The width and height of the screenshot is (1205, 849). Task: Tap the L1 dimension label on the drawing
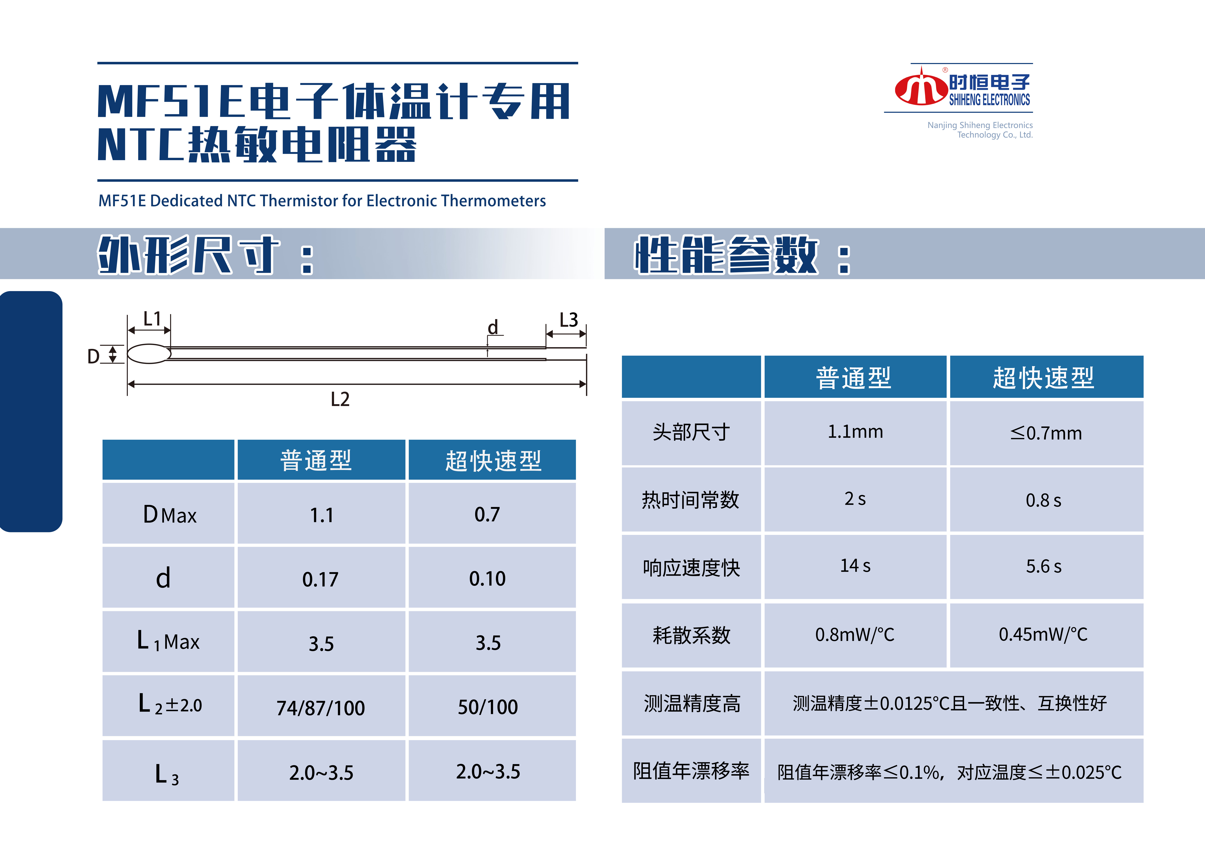click(152, 318)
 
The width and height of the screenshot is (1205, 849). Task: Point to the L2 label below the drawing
click(340, 399)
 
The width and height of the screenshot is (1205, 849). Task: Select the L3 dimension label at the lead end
click(568, 319)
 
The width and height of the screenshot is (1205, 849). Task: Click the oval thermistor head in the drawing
click(149, 354)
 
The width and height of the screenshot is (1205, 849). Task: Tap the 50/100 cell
click(488, 707)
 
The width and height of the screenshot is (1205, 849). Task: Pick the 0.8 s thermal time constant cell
click(1043, 500)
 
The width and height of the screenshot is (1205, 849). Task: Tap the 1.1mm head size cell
click(856, 432)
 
